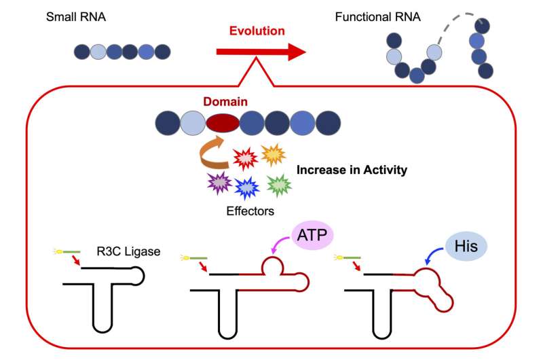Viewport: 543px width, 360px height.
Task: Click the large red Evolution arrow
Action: tap(261, 52)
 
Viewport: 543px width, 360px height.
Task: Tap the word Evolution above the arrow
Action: tap(257, 31)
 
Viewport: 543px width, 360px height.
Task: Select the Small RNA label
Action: tap(76, 17)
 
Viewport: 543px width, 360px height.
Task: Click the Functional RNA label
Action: tap(378, 17)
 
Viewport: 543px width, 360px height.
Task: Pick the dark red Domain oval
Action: tap(223, 123)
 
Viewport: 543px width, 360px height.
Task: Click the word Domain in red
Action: tap(225, 101)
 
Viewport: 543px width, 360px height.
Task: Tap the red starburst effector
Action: tap(246, 159)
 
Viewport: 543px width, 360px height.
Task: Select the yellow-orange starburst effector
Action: tap(274, 155)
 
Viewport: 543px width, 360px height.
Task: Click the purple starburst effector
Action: tap(219, 183)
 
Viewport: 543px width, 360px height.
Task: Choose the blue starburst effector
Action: tap(247, 187)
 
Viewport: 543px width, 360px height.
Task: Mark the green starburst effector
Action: tap(279, 185)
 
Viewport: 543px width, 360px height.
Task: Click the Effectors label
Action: tap(250, 211)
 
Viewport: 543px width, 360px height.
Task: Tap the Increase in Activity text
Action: tap(352, 170)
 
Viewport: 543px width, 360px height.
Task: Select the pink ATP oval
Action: tap(312, 235)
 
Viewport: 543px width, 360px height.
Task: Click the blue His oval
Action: tap(466, 247)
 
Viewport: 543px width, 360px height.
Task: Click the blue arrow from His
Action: tap(432, 255)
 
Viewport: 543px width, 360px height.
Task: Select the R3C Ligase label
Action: tap(128, 251)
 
